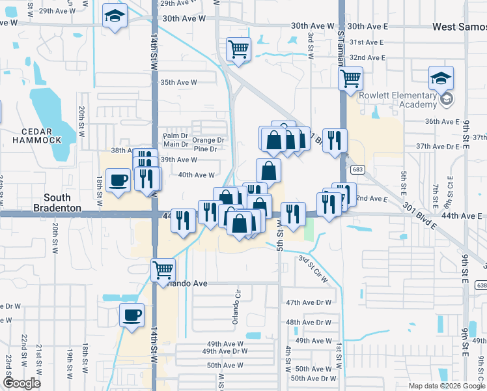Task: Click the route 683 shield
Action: click(x=357, y=169)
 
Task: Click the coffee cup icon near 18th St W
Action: click(x=118, y=179)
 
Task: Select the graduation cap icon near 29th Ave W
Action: click(x=115, y=17)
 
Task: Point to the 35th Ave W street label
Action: click(x=178, y=82)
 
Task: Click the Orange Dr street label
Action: click(x=208, y=139)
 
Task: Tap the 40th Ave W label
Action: click(x=196, y=175)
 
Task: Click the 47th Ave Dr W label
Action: click(x=309, y=302)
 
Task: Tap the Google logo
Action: click(x=21, y=383)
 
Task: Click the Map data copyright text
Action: click(x=446, y=386)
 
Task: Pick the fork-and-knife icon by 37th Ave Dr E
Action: click(x=335, y=140)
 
